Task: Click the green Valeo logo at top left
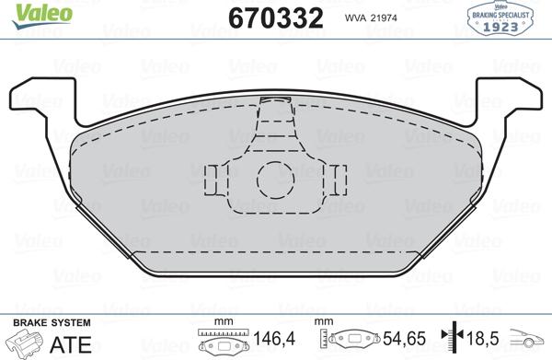pyautogui.click(x=42, y=16)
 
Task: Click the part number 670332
pyautogui.click(x=276, y=18)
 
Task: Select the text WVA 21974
pyautogui.click(x=371, y=18)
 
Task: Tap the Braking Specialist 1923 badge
pyautogui.click(x=500, y=19)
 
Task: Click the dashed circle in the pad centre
pyautogui.click(x=276, y=180)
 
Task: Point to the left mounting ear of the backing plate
pyautogui.click(x=42, y=102)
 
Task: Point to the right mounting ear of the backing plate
pyautogui.click(x=509, y=102)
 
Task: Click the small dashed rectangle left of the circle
pyautogui.click(x=211, y=180)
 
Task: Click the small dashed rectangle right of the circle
pyautogui.click(x=340, y=180)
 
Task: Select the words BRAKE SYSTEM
pyautogui.click(x=52, y=322)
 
